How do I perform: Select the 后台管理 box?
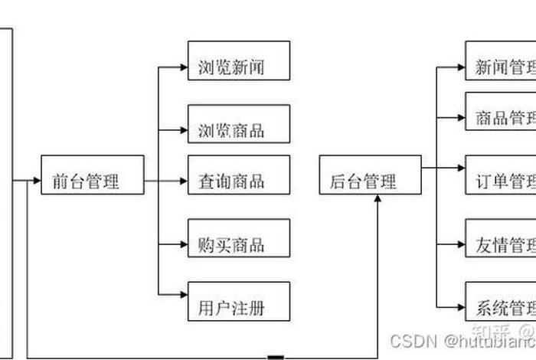coord(370,182)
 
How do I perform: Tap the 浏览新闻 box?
coord(239,67)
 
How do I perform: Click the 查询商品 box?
coord(239,182)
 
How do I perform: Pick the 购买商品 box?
coord(239,244)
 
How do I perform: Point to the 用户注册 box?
coord(239,308)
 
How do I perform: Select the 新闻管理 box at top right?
coord(500,67)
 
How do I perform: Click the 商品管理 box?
coord(500,118)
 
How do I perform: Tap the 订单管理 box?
coord(500,182)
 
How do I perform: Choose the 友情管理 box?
coord(500,245)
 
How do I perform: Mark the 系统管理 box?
coord(500,308)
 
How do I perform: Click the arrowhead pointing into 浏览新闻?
coord(183,67)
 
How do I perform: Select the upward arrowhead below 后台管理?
coord(377,199)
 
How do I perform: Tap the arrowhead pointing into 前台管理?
coord(36,182)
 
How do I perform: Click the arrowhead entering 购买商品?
coord(183,244)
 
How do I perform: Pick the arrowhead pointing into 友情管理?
coord(460,245)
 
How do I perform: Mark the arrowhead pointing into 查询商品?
coord(183,182)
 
